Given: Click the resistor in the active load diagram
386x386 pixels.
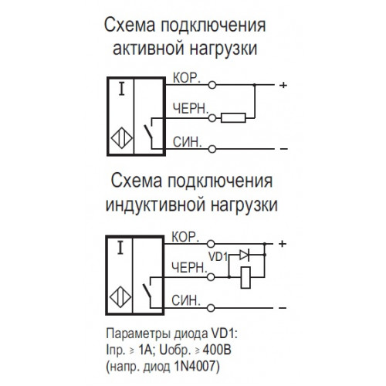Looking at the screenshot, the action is coord(233,118).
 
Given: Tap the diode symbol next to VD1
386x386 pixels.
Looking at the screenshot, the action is coord(244,255).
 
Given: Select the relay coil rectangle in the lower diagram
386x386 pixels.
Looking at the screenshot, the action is coord(245,278).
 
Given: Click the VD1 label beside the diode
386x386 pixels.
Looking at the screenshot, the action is coord(218,256).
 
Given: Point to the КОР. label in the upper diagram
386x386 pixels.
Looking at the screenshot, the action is coord(187,78).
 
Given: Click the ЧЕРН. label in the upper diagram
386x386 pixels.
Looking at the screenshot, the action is coord(191,109).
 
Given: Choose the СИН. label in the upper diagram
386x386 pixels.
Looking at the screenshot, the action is coord(187,142).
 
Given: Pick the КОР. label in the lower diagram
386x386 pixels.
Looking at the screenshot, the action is coord(185,237).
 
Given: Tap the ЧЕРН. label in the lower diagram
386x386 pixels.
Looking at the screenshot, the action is coord(189,268).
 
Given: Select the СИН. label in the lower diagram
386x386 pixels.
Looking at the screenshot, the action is coord(186,300).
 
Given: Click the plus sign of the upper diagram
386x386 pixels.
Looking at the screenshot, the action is coord(283,85).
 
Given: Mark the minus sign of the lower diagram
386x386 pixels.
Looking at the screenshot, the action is coord(283,308).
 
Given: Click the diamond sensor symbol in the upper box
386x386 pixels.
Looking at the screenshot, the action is coord(122,138).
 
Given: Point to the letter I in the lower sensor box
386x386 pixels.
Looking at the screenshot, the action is coord(120,248).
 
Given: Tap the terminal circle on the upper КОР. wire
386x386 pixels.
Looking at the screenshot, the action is coord(212,85).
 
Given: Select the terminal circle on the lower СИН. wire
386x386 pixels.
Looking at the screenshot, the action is coord(211,308).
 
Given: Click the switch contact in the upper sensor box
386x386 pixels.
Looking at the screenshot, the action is coord(148,132).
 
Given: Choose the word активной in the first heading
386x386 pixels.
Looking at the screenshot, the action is coord(148,49).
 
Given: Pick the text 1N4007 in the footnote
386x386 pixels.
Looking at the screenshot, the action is coord(195,366).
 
